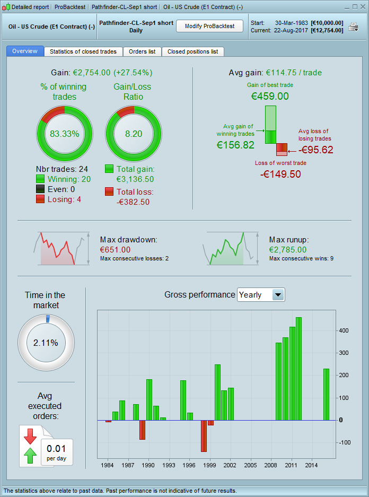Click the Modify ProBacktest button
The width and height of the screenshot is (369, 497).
[209, 27]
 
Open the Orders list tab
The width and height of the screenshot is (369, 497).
[142, 51]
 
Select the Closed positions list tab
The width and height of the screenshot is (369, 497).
[192, 51]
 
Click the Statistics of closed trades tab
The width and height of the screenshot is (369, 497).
[84, 51]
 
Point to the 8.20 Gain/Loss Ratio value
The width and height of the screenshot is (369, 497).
[134, 134]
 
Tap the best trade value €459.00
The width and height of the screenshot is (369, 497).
[270, 96]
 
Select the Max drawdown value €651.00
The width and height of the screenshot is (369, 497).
[116, 249]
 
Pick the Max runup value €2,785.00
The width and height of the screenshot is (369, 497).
[288, 249]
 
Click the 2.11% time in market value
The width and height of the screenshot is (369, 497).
[46, 343]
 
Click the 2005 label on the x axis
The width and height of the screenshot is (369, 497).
[251, 465]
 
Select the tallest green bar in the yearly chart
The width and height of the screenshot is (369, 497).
[298, 369]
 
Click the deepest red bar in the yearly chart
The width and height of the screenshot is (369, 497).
[204, 436]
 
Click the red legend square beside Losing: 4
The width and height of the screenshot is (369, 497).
[40, 199]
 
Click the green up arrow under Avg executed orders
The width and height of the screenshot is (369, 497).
[30, 455]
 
